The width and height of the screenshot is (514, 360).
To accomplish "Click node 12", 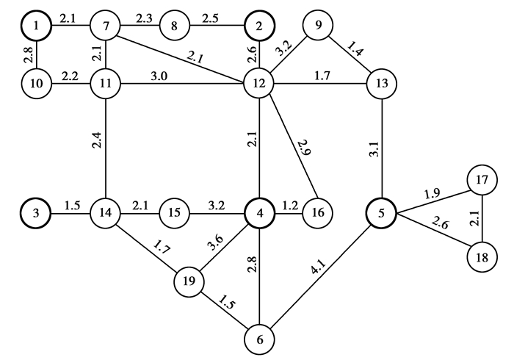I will click(258, 83).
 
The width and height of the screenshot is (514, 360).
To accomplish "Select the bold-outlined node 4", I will click(258, 213).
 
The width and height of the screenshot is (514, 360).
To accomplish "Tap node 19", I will click(189, 280).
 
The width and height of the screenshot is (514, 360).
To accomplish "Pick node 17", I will click(482, 180).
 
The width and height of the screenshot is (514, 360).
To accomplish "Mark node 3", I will click(37, 213).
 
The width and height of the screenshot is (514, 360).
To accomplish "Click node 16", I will click(317, 213).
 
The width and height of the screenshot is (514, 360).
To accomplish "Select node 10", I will click(37, 83).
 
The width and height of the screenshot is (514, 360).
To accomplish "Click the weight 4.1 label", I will click(321, 277).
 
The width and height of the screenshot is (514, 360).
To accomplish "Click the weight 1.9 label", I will click(432, 192).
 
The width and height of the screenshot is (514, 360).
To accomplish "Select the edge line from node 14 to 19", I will click(147, 248).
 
